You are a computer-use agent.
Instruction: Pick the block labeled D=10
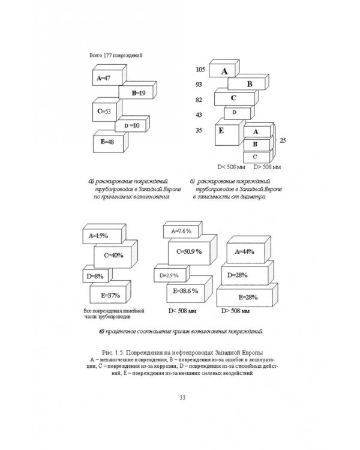point(131,126)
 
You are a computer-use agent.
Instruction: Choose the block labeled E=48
point(109,142)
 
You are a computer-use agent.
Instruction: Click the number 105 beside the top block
point(200,71)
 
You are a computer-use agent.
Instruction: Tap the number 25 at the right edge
point(284,140)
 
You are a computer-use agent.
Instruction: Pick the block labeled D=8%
point(97,275)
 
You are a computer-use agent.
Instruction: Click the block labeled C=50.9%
point(190,253)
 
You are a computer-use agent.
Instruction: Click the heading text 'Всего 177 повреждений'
point(115,57)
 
